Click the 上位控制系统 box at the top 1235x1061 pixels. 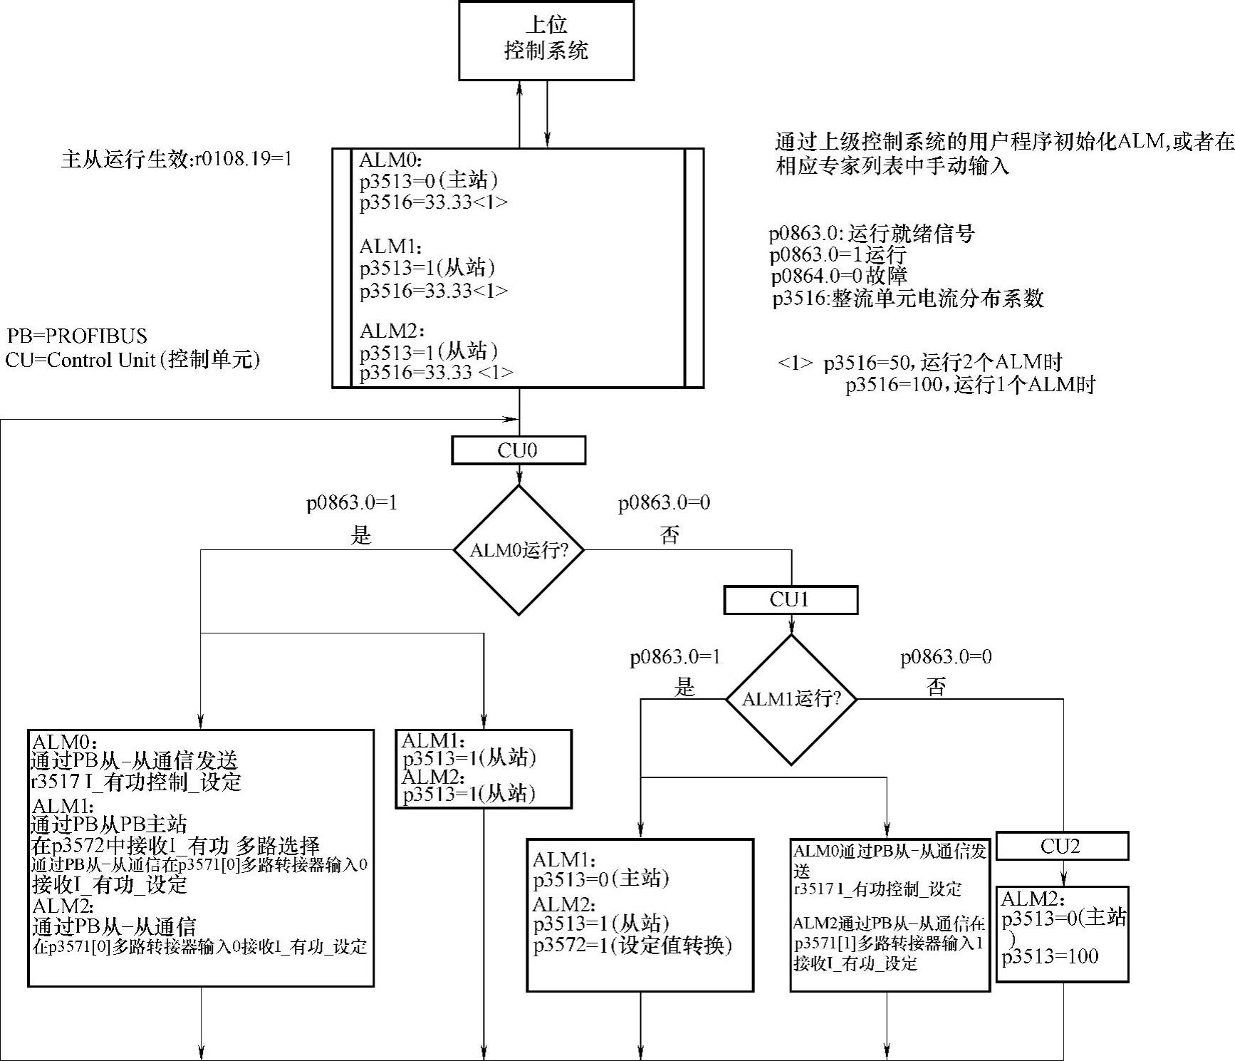[546, 40]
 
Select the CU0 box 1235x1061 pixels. [519, 450]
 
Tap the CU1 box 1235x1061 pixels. [791, 600]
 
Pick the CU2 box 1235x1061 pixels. [1062, 847]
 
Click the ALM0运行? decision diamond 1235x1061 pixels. [519, 550]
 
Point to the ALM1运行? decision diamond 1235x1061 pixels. [791, 699]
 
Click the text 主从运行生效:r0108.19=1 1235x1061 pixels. [177, 159]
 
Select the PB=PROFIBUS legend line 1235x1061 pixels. [78, 336]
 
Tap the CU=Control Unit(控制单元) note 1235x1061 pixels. [133, 360]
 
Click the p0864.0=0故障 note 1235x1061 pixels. [839, 276]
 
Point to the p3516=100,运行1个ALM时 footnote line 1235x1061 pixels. [970, 385]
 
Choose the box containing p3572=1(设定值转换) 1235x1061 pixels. [640, 915]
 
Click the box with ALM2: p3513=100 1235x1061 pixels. [1062, 934]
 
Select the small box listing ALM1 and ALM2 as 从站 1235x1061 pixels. [484, 768]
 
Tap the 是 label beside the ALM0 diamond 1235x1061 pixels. [361, 535]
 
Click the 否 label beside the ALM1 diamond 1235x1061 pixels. [936, 687]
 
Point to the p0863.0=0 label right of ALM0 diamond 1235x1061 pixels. [664, 503]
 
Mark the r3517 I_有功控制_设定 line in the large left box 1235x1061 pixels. [137, 782]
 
